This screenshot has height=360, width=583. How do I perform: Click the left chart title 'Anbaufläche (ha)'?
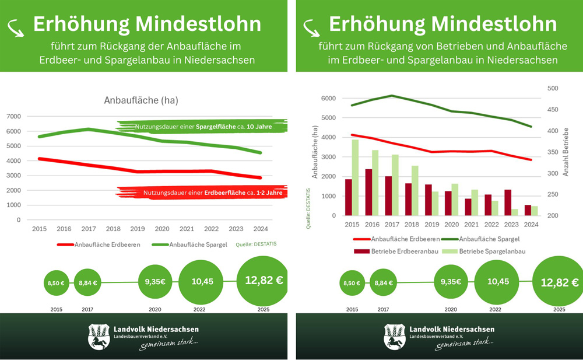pos(141,100)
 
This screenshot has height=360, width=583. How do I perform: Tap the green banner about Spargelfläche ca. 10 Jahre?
pos(203,127)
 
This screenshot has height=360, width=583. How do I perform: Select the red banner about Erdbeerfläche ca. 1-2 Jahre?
pos(203,193)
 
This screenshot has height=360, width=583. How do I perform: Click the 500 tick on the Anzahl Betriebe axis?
pos(552,89)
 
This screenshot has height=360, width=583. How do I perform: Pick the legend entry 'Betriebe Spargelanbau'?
pos(485,251)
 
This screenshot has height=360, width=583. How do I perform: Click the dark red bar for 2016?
pos(368,192)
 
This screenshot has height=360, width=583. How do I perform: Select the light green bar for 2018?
pos(415,190)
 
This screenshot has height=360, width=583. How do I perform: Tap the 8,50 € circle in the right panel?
pos(352,283)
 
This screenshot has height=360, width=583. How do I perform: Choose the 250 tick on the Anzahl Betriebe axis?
pos(552,195)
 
